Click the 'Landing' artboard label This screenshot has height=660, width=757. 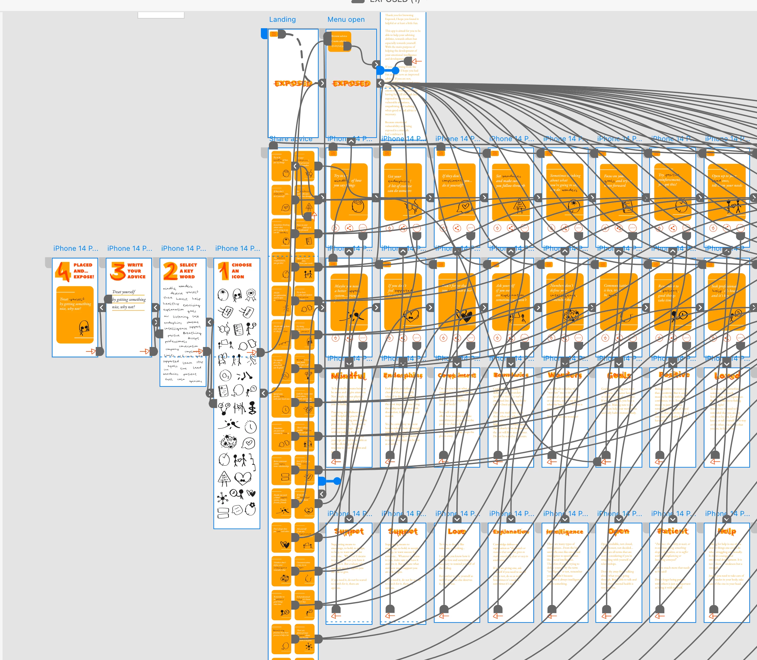coord(282,20)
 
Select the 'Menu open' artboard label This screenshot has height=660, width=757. coord(346,20)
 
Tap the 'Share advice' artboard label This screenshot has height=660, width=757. coord(291,139)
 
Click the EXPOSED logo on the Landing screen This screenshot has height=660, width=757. coord(293,84)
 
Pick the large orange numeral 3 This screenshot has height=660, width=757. coord(117,271)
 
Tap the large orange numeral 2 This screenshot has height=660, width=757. coord(171,271)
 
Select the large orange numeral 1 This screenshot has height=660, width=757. coord(223,271)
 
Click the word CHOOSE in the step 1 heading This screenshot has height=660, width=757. coord(242,265)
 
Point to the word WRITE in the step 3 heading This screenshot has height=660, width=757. coord(135,265)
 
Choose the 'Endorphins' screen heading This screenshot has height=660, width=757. coord(403,376)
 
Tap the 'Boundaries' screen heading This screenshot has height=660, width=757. coord(511,375)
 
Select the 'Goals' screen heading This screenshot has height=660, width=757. coord(619,375)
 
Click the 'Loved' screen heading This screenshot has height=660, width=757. coord(727,376)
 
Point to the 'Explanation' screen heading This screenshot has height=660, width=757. coord(511,531)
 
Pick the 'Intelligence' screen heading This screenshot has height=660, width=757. coord(564,532)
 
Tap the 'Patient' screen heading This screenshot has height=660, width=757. coord(672,531)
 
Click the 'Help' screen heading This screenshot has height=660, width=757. coord(727,531)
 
